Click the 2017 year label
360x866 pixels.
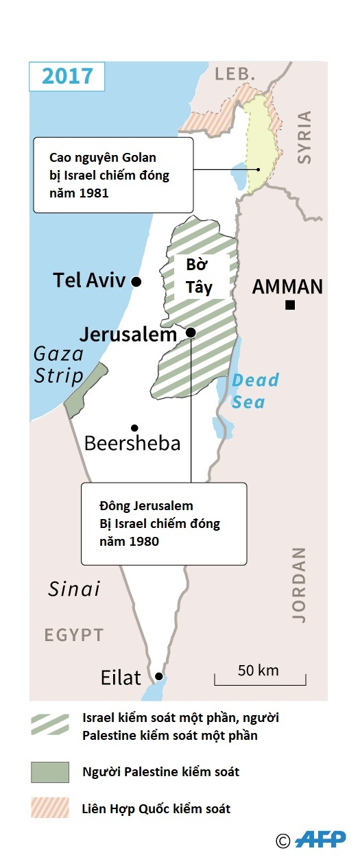coord(67,75)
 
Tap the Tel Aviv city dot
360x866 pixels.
coord(136,282)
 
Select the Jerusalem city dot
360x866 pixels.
coord(191,333)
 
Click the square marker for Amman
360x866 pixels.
coord(290,305)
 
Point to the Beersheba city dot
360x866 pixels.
coord(135,427)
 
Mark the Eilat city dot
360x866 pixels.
coord(158,675)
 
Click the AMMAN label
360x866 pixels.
coord(287,287)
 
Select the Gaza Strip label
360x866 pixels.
coord(59,365)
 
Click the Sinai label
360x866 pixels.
coord(74,588)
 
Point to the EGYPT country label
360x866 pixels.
coord(74,635)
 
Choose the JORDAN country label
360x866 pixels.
coord(299,584)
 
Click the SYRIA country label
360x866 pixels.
coord(304,137)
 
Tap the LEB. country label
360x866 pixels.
coord(235,74)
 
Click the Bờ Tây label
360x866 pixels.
coord(200,277)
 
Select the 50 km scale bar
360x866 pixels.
coord(260,679)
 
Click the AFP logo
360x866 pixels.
coord(320,839)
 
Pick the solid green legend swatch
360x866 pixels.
coord(50,772)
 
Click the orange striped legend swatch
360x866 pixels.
coord(50,808)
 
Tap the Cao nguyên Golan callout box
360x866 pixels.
coord(113,175)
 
